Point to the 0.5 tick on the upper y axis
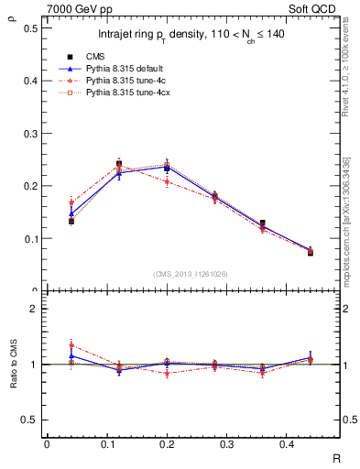30,27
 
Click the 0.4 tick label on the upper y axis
30,81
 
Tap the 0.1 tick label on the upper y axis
30,239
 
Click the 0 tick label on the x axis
47,444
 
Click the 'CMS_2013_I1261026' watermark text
190,272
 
